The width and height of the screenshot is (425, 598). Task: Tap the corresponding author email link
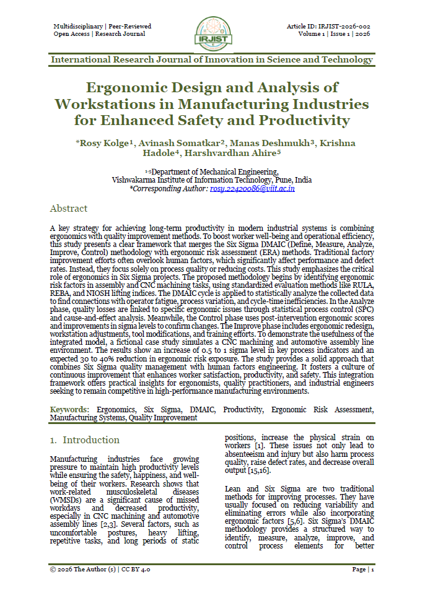(x=243, y=188)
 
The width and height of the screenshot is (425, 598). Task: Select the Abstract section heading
(x=69, y=209)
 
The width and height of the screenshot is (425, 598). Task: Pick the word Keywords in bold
(x=68, y=409)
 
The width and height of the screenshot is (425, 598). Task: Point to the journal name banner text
(x=212, y=60)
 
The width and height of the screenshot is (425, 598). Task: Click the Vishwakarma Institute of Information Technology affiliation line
(x=212, y=180)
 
